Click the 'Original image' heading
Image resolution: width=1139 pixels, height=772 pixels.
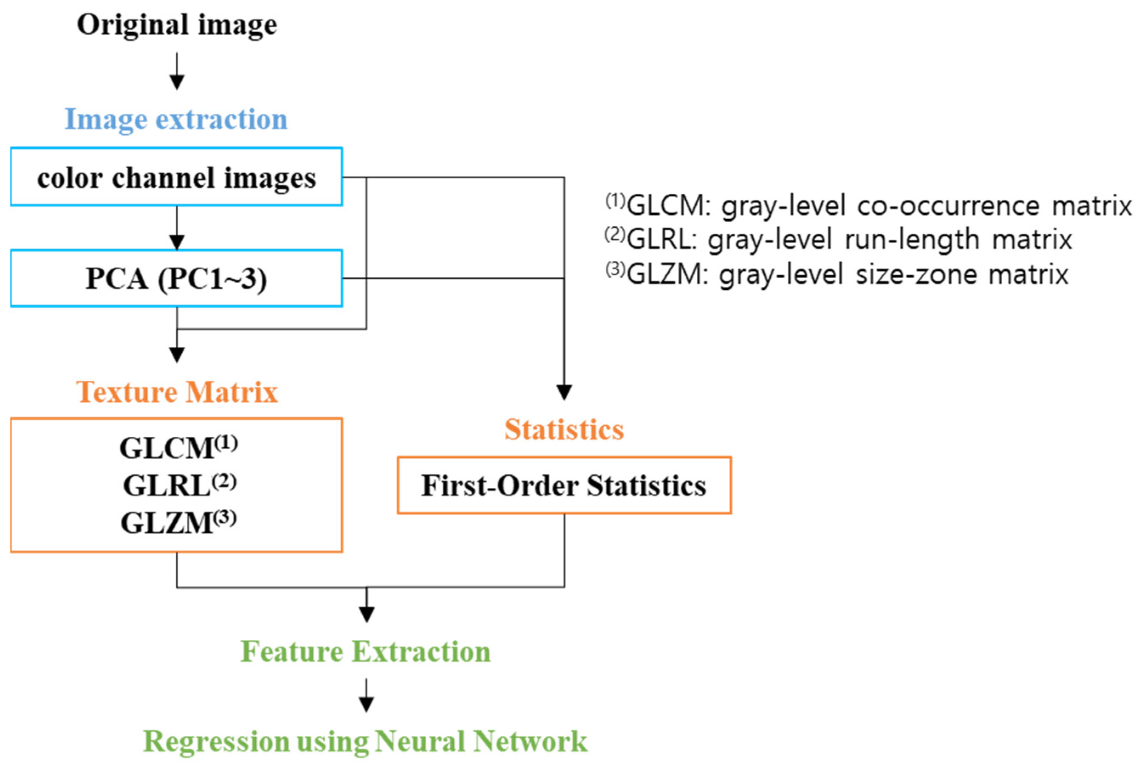177,25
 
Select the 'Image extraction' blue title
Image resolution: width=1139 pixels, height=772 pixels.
176,119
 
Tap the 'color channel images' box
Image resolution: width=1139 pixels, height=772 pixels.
176,177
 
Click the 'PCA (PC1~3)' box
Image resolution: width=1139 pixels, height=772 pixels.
176,278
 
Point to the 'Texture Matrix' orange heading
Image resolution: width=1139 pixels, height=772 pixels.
177,392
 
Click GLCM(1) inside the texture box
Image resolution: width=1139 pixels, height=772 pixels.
178,447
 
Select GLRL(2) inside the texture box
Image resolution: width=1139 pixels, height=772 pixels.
179,485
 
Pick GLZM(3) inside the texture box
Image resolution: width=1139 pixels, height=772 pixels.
178,523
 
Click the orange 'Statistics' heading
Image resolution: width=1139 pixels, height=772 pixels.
564,430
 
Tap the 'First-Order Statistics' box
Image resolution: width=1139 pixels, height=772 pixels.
564,486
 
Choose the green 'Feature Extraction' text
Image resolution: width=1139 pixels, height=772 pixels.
366,651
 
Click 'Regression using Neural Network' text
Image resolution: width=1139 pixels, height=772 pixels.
365,741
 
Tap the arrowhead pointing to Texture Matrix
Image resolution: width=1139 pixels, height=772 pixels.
177,354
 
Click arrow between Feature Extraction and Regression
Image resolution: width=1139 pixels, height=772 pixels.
366,696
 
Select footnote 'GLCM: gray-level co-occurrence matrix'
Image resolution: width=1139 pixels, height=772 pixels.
868,205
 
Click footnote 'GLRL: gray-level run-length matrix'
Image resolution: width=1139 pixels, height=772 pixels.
838,240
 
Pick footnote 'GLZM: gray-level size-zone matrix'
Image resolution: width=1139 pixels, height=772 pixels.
837,274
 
